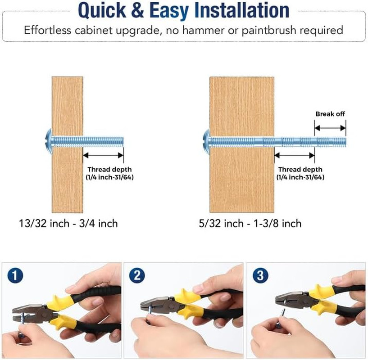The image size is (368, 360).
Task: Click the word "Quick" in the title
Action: coord(102,10)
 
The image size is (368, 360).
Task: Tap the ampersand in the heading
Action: coord(137,10)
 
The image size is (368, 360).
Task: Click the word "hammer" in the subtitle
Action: coord(203,30)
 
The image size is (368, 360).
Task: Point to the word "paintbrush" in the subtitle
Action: coord(269,31)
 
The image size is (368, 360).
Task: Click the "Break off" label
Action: coord(330,114)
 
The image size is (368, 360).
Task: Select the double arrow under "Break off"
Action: coord(330,128)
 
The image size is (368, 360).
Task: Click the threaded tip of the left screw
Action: coord(122,141)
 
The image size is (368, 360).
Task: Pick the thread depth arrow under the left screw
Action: coord(103,155)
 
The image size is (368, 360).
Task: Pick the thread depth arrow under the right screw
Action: coord(294,155)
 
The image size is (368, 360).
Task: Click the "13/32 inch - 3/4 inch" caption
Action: coord(68,224)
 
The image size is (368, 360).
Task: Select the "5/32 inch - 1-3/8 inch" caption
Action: coord(250,224)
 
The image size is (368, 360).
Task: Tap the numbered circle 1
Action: coord(15,275)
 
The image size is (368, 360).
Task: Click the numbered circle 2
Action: coord(137,275)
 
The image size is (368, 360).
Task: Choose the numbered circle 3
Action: coord(260,275)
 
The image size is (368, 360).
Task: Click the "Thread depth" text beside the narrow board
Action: coord(109,170)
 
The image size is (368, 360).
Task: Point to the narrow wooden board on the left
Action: coord(68,145)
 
